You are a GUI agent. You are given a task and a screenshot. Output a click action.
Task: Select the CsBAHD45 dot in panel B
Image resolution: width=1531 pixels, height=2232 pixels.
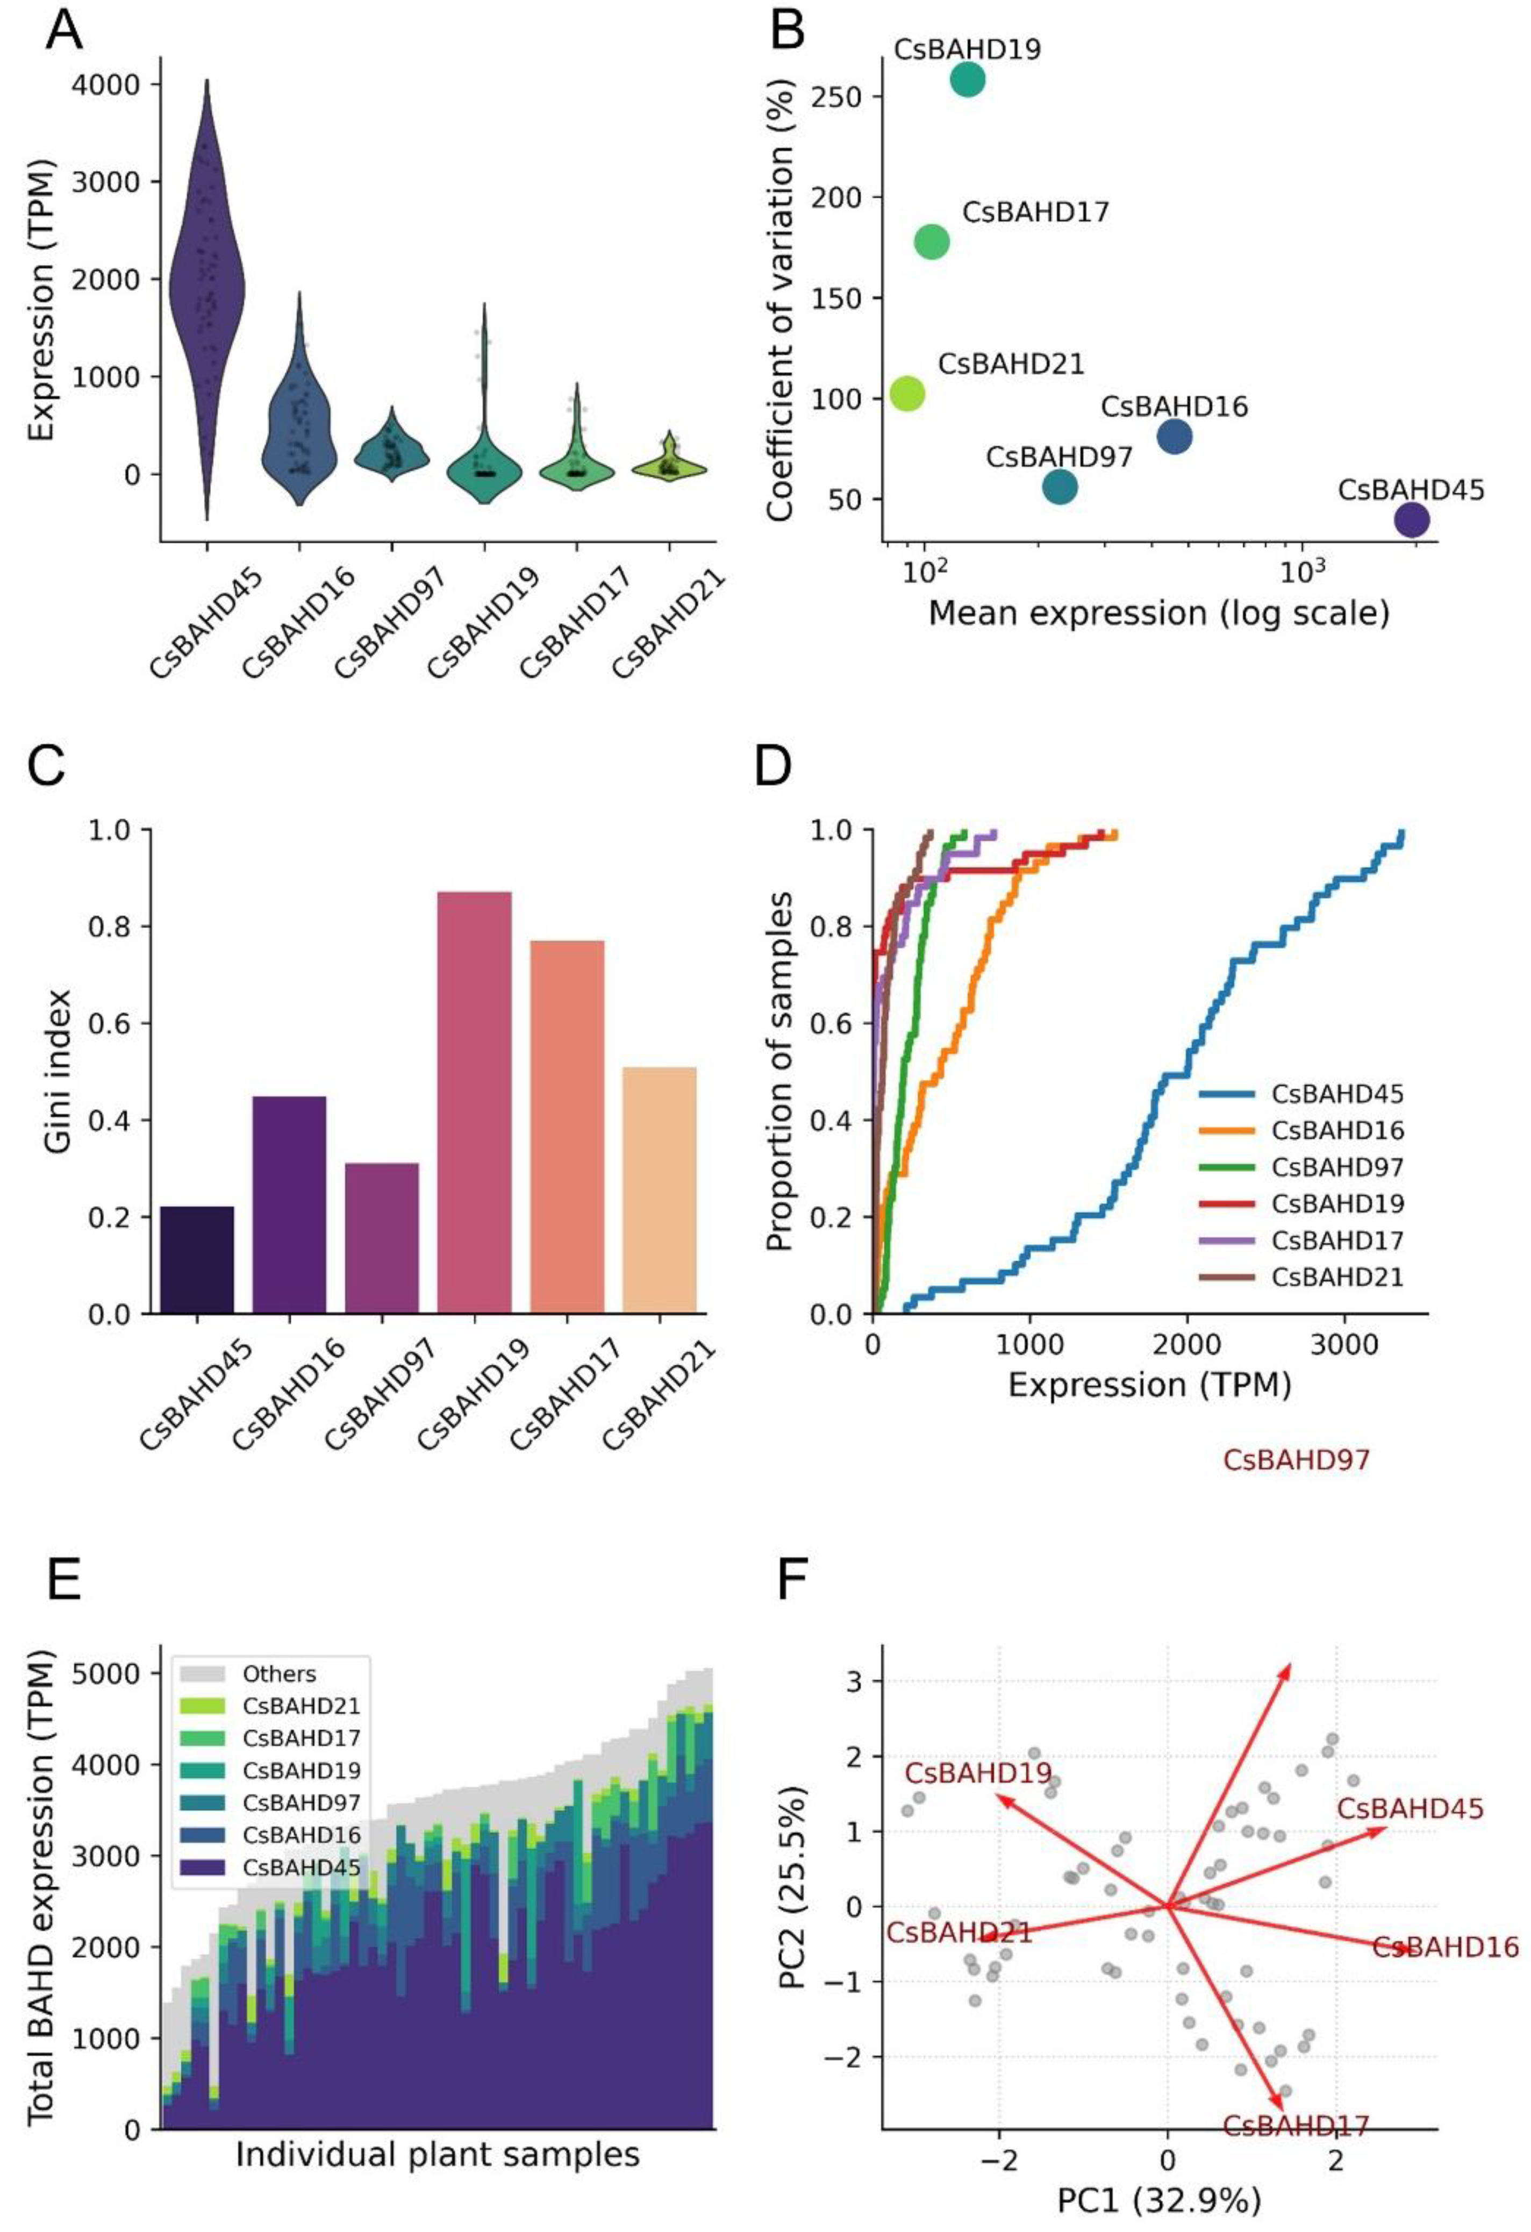1411,519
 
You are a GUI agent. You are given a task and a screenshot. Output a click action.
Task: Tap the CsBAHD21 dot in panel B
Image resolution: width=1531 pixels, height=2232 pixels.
907,393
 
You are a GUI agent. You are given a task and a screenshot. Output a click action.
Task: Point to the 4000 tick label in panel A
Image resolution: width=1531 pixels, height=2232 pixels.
106,84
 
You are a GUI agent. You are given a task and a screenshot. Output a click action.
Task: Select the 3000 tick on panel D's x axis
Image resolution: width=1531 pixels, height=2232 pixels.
1343,1340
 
